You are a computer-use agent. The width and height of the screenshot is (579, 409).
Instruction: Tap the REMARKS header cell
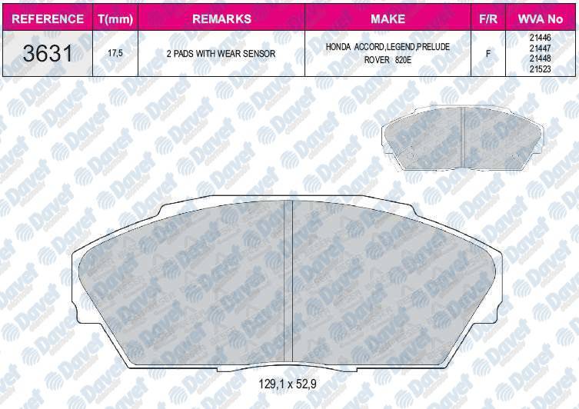(221, 18)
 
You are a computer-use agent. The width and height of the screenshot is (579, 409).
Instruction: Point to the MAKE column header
(388, 18)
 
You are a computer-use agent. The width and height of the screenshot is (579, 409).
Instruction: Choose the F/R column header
(487, 18)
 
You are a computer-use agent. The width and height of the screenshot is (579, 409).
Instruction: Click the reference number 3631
(47, 54)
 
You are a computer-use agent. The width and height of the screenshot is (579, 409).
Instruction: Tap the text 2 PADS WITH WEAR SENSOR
(221, 55)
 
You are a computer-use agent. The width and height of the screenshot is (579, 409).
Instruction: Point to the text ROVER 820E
(388, 60)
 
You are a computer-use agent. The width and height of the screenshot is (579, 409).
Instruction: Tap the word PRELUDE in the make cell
(434, 48)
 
